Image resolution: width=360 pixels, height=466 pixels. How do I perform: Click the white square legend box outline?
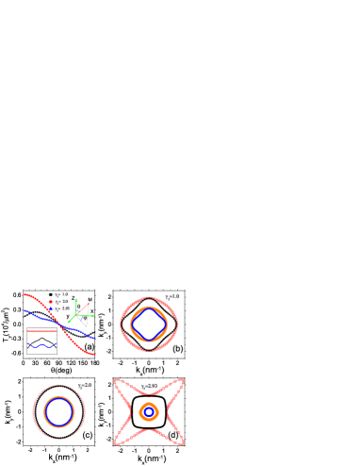click(58, 291)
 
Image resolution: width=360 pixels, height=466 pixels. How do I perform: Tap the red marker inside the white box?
click(51, 302)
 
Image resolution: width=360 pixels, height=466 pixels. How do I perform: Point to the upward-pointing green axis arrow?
click(76, 301)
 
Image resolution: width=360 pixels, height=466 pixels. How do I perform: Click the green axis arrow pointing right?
click(90, 315)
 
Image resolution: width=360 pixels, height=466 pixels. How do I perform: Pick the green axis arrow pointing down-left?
click(70, 321)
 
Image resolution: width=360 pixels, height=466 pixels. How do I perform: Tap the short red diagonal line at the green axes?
click(84, 307)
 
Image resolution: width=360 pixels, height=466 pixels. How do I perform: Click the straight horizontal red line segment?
click(41, 331)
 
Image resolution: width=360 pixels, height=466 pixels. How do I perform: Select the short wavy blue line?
click(41, 346)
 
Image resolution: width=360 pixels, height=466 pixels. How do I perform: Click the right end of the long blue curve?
click(93, 337)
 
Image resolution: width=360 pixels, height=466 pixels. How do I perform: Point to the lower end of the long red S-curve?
click(94, 355)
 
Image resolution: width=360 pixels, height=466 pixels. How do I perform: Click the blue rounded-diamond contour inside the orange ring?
click(149, 325)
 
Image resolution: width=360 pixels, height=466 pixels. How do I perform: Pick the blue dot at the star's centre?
click(149, 411)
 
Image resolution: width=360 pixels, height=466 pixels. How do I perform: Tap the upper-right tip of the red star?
click(182, 381)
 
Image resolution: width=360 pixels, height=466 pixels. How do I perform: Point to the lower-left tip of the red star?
click(116, 442)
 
